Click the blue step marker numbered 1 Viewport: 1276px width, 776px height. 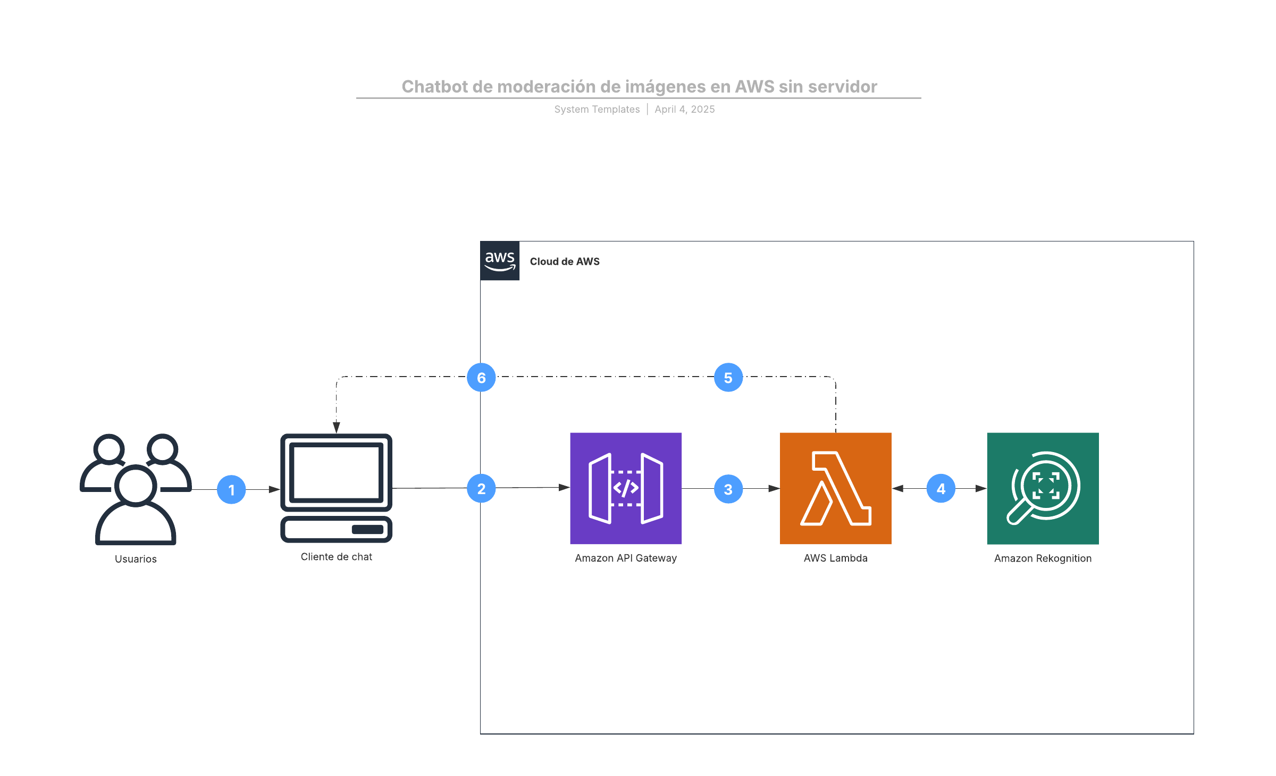point(231,489)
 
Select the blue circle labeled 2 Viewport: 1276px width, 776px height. point(481,488)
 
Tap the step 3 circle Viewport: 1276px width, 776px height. point(728,489)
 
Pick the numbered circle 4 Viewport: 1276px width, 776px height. point(941,488)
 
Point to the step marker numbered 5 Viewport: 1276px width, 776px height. point(728,378)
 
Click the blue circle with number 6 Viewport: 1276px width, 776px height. point(481,378)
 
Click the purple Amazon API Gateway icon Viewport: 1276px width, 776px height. point(626,488)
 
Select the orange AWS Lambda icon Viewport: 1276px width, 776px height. point(835,488)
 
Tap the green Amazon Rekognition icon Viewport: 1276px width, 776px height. point(1043,488)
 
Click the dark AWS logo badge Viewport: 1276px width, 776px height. point(500,261)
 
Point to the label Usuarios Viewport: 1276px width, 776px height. point(136,559)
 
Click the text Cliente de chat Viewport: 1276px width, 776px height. point(336,557)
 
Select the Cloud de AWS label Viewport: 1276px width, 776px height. point(565,262)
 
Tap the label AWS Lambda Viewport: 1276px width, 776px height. point(835,558)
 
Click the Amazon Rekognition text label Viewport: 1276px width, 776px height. point(1043,558)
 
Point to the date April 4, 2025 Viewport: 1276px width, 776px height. point(685,109)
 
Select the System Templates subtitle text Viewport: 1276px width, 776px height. point(597,109)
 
